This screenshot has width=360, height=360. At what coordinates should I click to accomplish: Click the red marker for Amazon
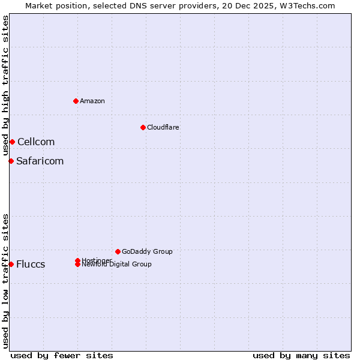pyautogui.click(x=76, y=101)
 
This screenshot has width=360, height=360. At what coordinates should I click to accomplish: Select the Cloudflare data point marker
pyautogui.click(x=143, y=127)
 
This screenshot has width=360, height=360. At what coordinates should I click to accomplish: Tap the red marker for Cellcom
pyautogui.click(x=12, y=142)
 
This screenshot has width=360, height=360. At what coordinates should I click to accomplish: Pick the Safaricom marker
pyautogui.click(x=11, y=161)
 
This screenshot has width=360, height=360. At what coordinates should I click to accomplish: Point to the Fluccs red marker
pyautogui.click(x=11, y=264)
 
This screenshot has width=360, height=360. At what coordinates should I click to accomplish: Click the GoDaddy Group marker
pyautogui.click(x=118, y=251)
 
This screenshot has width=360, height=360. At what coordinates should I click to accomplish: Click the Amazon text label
pyautogui.click(x=92, y=101)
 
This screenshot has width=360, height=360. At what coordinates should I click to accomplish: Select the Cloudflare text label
pyautogui.click(x=163, y=127)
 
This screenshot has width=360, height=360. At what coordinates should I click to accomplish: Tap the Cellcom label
pyautogui.click(x=36, y=142)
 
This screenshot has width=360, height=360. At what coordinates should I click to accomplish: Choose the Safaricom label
pyautogui.click(x=40, y=161)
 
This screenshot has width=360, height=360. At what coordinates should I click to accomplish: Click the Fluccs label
pyautogui.click(x=31, y=264)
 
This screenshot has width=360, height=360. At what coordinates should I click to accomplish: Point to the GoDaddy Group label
pyautogui.click(x=147, y=251)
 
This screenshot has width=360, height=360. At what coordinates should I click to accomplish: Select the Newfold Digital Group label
pyautogui.click(x=117, y=265)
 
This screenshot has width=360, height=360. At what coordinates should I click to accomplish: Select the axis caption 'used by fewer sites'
pyautogui.click(x=62, y=355)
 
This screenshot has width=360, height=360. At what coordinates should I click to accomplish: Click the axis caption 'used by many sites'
pyautogui.click(x=301, y=355)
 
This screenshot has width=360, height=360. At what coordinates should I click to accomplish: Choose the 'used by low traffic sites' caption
pyautogui.click(x=5, y=281)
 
